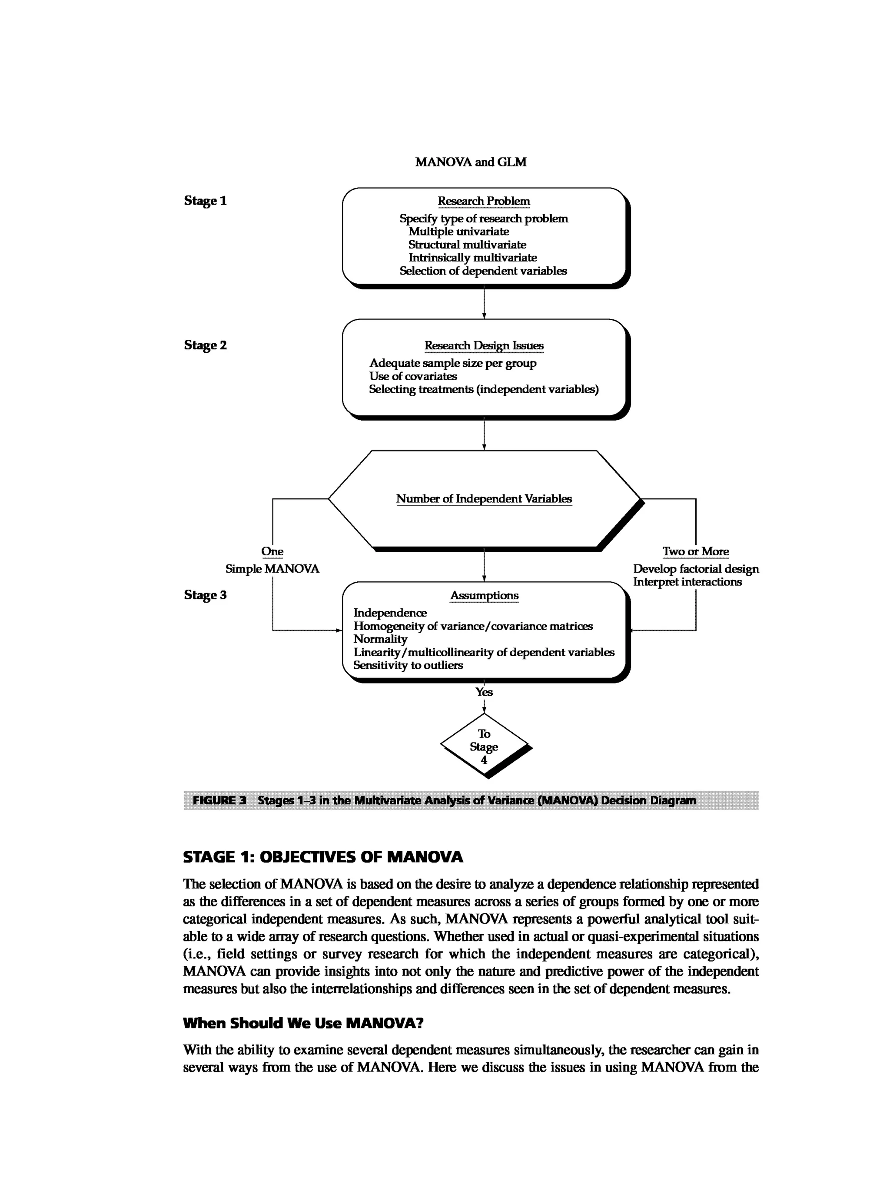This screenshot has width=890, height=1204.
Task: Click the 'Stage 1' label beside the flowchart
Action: [x=205, y=201]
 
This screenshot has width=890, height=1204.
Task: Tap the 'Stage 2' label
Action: [x=205, y=345]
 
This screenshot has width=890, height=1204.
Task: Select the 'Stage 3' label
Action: [x=205, y=595]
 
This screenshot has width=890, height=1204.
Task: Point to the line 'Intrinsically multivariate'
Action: [x=472, y=258]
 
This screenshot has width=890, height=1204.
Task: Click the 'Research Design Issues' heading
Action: [x=484, y=346]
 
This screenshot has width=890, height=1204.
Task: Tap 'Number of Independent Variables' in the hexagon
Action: [x=484, y=499]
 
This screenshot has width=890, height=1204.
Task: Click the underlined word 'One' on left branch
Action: [x=272, y=552]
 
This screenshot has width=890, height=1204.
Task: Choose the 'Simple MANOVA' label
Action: [x=272, y=569]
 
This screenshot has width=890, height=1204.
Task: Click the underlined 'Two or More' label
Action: [x=695, y=552]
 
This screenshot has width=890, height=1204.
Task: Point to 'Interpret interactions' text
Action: [x=687, y=582]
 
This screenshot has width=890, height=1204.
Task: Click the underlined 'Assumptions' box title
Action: [x=484, y=596]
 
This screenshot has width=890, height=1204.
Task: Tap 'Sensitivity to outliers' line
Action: [x=408, y=665]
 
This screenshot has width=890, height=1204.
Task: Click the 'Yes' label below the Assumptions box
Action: [x=484, y=692]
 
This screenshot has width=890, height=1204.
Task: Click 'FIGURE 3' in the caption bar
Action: [x=219, y=800]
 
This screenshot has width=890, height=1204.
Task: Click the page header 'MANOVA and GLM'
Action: [x=470, y=162]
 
